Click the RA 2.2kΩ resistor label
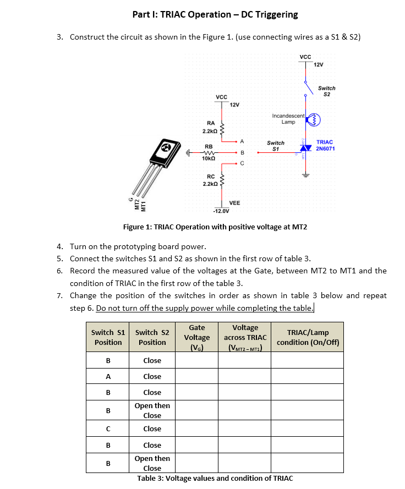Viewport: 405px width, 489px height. tap(210, 127)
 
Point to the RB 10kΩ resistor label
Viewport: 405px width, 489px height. tap(209, 152)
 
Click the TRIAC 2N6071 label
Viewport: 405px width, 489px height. tap(325, 145)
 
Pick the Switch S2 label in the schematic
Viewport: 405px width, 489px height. tap(326, 91)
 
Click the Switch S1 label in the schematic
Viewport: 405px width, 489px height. tap(276, 146)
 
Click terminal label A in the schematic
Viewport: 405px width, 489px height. tap(242, 141)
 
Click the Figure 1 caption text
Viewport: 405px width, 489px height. tap(215, 227)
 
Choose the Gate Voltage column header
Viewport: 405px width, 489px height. tap(197, 337)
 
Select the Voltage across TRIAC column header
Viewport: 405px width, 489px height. tap(245, 337)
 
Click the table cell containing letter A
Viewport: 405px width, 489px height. tap(108, 377)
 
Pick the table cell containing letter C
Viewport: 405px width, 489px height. tap(108, 429)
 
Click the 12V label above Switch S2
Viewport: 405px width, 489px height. tap(318, 65)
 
